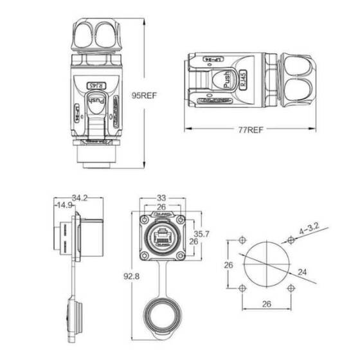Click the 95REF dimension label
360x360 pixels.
(145, 95)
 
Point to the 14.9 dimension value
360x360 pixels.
(64, 206)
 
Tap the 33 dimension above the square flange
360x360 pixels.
(161, 198)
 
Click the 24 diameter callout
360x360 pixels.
(302, 273)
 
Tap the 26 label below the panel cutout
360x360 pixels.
(266, 304)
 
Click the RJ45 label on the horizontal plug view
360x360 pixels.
(242, 79)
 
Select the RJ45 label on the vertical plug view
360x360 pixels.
(95, 84)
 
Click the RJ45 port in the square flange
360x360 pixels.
(161, 234)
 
